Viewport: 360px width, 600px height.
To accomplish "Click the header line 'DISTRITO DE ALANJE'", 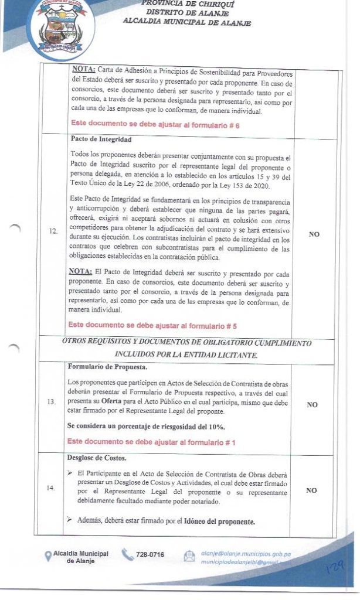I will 188,13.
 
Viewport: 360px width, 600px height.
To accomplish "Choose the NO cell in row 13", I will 312,404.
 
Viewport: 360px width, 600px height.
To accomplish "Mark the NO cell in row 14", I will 312,490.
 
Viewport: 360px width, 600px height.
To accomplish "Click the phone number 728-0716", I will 150,555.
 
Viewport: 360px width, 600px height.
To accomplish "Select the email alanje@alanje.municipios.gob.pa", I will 246,552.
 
